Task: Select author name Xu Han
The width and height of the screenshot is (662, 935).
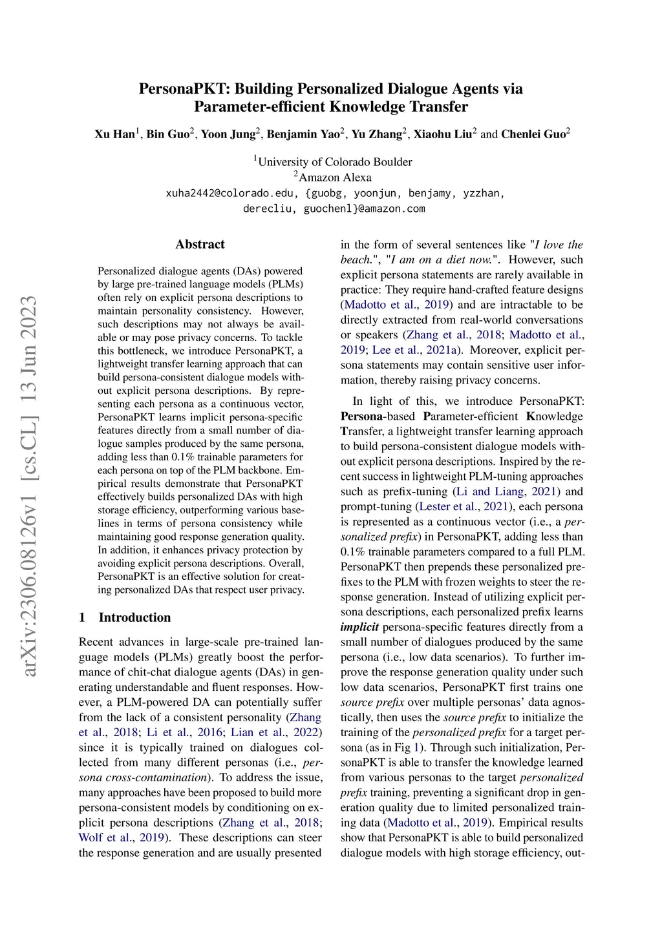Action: [x=114, y=134]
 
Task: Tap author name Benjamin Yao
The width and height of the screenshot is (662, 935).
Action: [x=303, y=134]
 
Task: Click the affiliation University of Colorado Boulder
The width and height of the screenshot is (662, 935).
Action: [x=334, y=161]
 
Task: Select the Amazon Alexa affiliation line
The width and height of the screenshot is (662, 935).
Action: [x=334, y=177]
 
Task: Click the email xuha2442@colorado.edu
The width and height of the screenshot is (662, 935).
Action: [x=231, y=193]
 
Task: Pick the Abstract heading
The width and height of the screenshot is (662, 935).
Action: [x=200, y=244]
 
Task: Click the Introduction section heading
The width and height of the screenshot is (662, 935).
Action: [x=134, y=617]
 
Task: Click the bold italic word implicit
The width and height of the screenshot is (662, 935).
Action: [x=359, y=627]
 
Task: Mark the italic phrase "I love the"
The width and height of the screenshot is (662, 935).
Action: [x=559, y=245]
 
